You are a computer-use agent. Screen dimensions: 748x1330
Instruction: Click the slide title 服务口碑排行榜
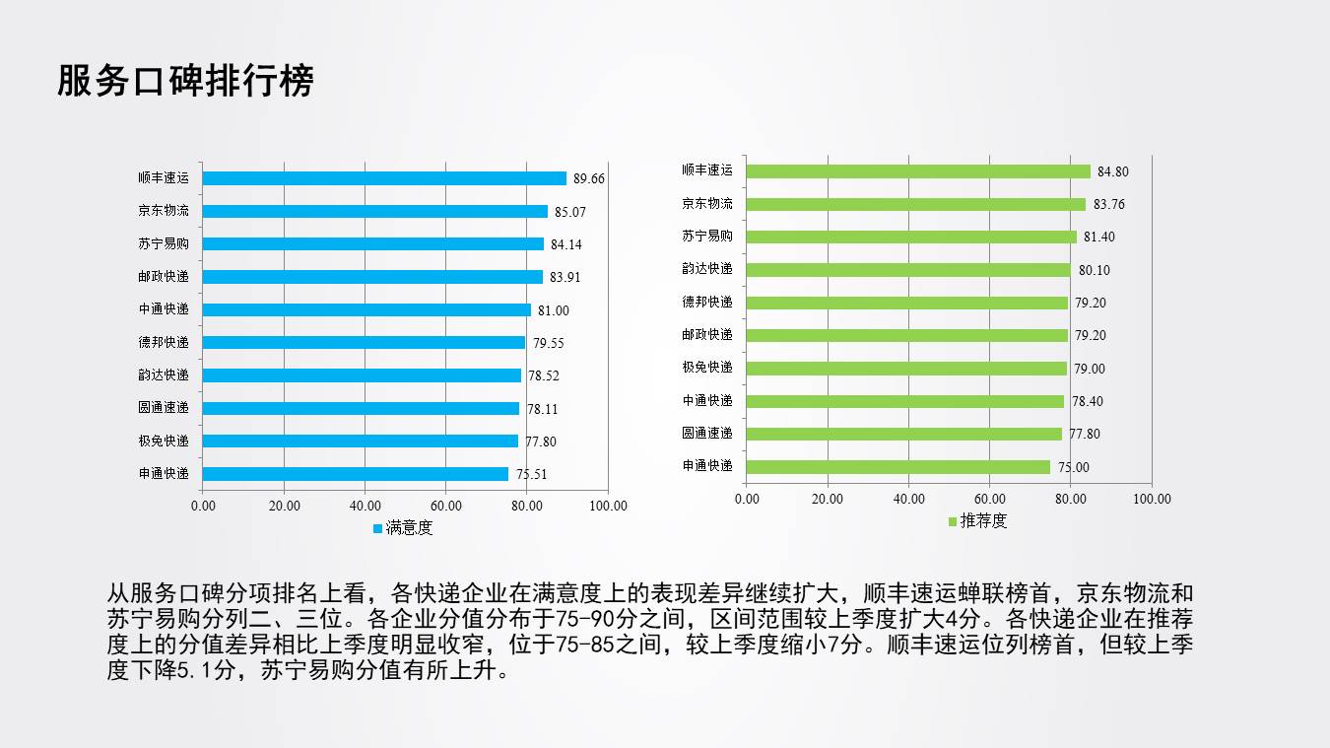pos(185,82)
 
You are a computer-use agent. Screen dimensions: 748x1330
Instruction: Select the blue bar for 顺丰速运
pos(384,178)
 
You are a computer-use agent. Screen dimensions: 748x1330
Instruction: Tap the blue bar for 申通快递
pos(355,474)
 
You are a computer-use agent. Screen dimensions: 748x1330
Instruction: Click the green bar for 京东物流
pos(915,204)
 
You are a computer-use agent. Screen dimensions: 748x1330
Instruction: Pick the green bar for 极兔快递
pos(906,368)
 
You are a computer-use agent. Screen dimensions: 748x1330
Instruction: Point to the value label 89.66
pos(589,178)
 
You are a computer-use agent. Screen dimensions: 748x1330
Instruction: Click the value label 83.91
pos(565,277)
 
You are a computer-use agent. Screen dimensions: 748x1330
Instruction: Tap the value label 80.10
pos(1094,270)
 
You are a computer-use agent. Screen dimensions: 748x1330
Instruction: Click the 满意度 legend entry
pos(403,528)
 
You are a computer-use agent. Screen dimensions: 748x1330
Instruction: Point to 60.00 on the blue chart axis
pos(445,507)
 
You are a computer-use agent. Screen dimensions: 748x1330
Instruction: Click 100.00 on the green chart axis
pos(1151,499)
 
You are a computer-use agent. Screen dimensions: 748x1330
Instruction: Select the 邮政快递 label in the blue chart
pos(164,277)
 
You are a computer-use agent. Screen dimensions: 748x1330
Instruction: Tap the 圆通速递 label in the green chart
pos(707,433)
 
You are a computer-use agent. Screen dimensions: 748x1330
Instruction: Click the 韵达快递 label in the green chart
pos(707,269)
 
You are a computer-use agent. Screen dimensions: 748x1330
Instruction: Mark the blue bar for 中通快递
pos(366,309)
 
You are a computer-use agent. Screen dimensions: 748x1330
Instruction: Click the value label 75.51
pos(531,474)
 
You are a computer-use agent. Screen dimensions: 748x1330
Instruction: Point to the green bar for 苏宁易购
pos(911,237)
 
